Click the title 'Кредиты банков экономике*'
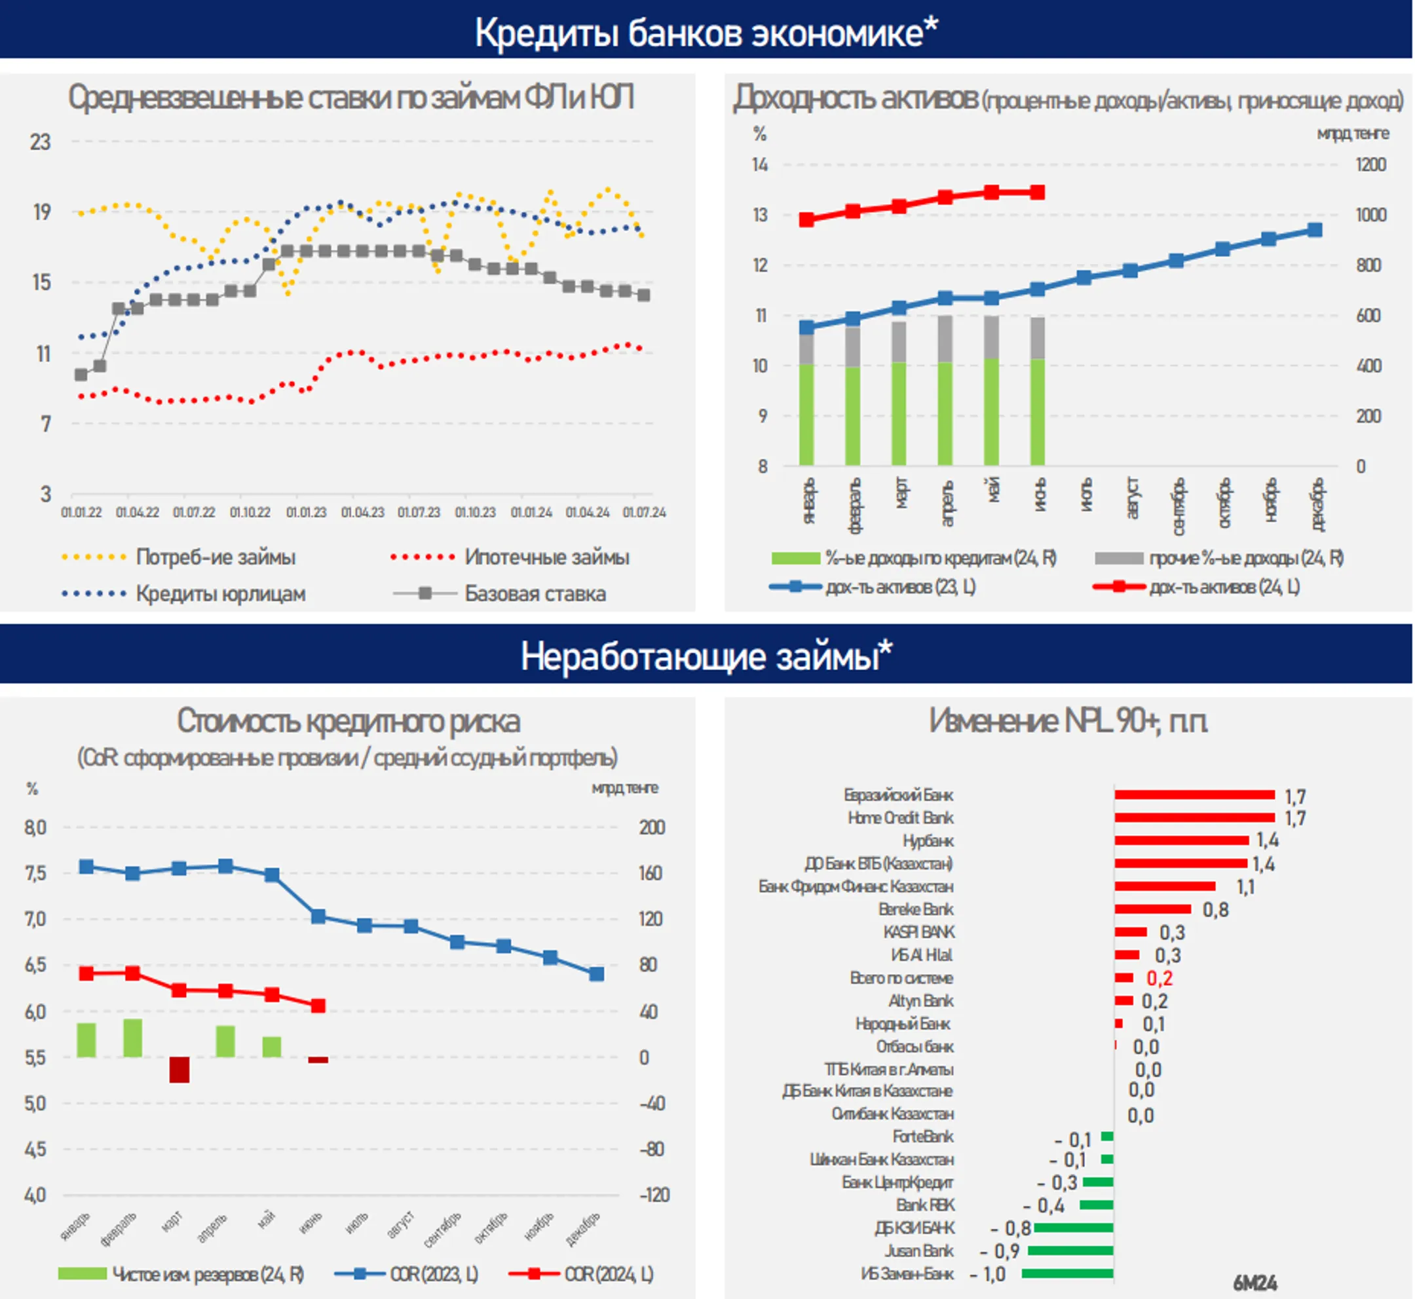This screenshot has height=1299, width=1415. point(706,33)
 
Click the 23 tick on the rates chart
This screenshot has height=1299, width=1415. point(40,143)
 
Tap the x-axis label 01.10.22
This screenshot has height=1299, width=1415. point(250,512)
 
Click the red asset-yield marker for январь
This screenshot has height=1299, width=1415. point(807,220)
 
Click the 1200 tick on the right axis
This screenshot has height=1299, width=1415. point(1370,165)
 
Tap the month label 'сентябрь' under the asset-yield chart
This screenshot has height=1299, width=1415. point(1179,506)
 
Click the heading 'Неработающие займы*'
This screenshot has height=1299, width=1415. point(706,656)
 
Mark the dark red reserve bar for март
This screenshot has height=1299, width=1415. point(179,1070)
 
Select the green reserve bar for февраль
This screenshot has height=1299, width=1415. point(133,1038)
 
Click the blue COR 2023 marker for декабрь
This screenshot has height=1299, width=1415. point(596,974)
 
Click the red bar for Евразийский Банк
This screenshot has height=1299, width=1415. point(1194,795)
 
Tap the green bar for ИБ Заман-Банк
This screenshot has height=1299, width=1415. point(1067,1273)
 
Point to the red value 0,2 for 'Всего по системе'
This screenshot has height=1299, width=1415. point(1159,979)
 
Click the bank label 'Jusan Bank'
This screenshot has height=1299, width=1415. point(918,1251)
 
